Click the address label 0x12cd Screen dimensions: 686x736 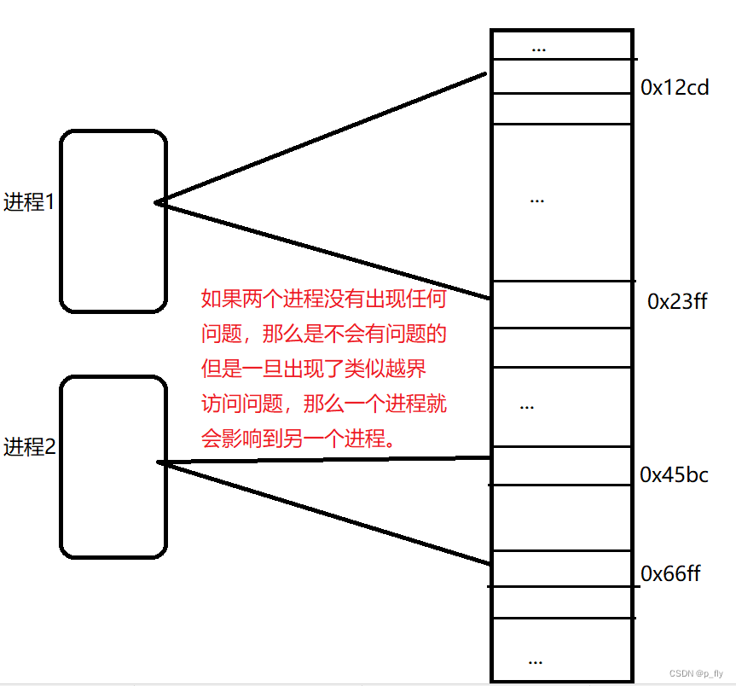pos(675,87)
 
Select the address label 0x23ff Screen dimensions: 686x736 pos(677,301)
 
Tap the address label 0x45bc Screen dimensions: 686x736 pos(674,475)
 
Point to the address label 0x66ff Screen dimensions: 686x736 pos(670,573)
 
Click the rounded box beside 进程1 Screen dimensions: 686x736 pos(113,221)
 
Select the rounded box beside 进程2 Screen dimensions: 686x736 pos(113,467)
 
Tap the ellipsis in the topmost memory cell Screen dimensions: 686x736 pos(538,47)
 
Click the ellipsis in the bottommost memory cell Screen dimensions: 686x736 pos(536,660)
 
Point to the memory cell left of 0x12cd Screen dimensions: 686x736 pos(561,77)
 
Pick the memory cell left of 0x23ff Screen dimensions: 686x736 pos(561,304)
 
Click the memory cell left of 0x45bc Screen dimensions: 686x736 pos(561,466)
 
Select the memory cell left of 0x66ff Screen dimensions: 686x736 pos(561,568)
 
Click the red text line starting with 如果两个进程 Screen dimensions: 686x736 pos(323,299)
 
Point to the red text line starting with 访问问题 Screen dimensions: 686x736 pos(323,404)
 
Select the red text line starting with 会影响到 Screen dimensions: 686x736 pos(298,439)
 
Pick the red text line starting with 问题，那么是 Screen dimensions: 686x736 pos(323,334)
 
